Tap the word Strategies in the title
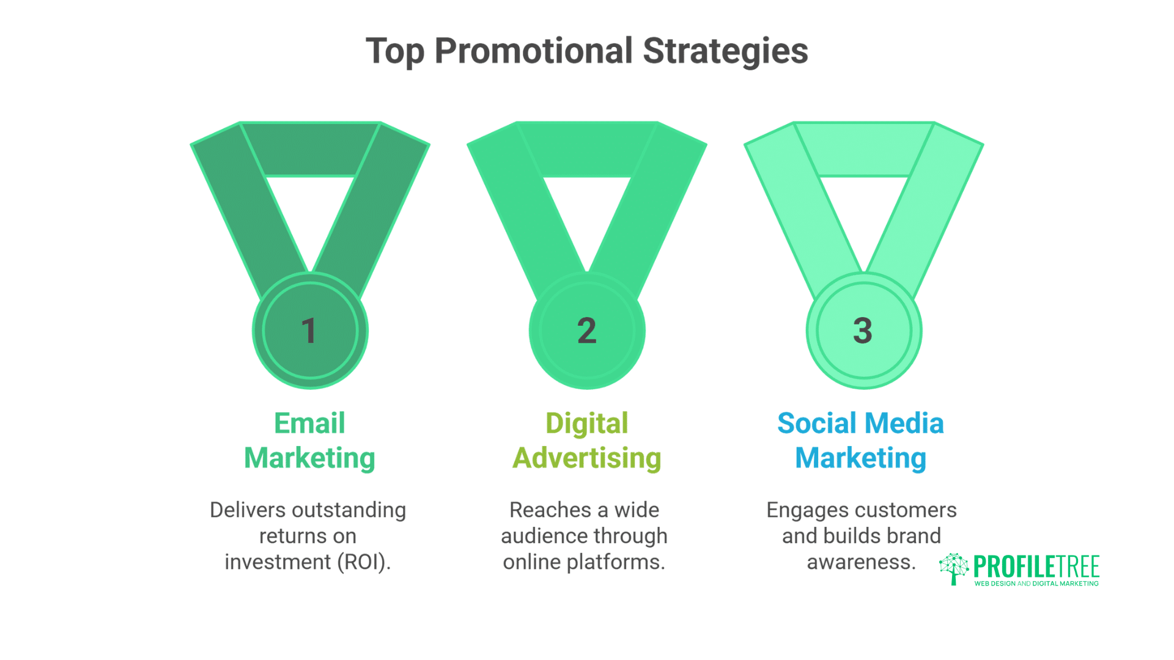(725, 51)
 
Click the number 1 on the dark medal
(309, 331)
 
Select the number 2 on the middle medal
(586, 331)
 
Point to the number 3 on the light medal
(863, 331)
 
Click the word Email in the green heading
(309, 424)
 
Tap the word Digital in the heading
(586, 424)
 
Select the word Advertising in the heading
(586, 458)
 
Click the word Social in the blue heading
(818, 424)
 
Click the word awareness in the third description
(861, 562)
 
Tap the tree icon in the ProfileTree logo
(953, 568)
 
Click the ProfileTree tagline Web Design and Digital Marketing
(1036, 584)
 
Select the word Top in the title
(394, 51)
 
